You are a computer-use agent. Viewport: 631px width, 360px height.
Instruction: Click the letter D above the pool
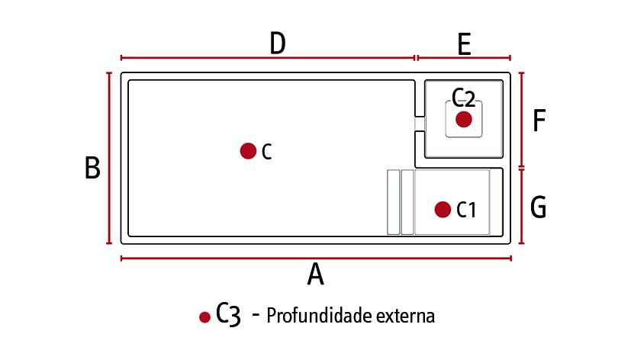point(278,43)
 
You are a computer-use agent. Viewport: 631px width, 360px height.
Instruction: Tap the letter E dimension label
point(465,44)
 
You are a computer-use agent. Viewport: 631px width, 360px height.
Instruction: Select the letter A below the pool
point(316,274)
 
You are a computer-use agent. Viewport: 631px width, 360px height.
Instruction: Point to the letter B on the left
point(92,168)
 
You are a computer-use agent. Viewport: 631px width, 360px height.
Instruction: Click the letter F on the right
point(539,121)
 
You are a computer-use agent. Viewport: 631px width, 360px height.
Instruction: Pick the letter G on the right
point(539,207)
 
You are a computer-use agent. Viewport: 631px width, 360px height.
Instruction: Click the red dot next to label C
point(248,151)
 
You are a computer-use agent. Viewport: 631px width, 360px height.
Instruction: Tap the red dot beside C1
point(443,210)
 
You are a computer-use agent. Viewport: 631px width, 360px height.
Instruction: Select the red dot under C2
point(464,120)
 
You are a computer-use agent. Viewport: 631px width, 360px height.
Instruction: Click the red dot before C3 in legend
point(204,317)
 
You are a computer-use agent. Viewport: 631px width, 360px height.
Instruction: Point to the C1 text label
point(466,210)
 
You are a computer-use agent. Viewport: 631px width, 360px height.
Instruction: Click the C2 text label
point(464,98)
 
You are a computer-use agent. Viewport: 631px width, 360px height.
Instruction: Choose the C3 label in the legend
point(228,313)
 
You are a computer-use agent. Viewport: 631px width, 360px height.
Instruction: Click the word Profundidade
point(319,316)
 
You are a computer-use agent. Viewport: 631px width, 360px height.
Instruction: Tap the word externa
point(405,317)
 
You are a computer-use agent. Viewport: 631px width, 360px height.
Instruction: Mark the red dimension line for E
point(464,58)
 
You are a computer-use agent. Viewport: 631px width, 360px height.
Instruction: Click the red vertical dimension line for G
point(522,207)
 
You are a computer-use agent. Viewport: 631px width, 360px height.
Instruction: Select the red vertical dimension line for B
point(109,158)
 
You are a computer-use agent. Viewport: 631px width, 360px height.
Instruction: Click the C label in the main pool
point(267,152)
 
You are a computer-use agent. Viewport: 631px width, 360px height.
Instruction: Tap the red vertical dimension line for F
point(522,120)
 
